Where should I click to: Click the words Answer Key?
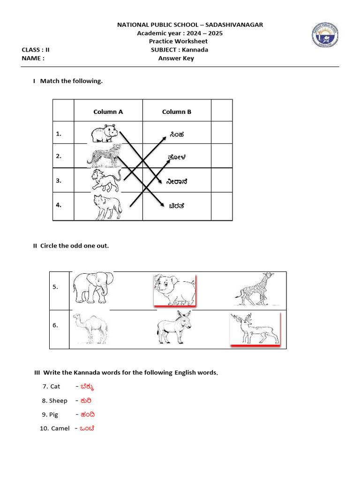[x=176, y=59]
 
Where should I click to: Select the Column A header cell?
[x=108, y=112]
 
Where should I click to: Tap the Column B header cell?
[x=177, y=112]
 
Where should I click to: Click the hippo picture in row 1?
[x=104, y=134]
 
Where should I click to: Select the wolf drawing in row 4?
[x=107, y=207]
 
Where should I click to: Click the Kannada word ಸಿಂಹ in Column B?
[x=177, y=135]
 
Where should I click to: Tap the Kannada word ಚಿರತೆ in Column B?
[x=176, y=205]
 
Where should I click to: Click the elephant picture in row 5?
[x=92, y=287]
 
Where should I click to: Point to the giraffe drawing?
[x=253, y=288]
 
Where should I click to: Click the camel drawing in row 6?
[x=90, y=328]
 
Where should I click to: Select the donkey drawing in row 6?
[x=174, y=327]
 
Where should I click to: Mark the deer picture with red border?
[x=255, y=329]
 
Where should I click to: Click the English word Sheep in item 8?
[x=58, y=401]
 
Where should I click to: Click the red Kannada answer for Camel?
[x=87, y=428]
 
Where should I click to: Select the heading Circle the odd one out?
[x=74, y=246]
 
